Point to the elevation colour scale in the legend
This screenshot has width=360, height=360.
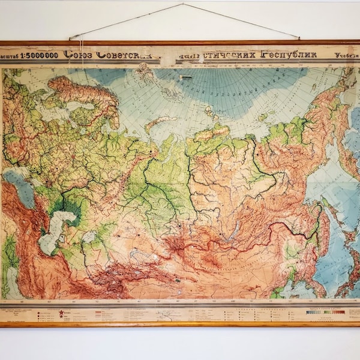[326, 311]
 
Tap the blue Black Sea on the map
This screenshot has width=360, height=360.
[18, 189]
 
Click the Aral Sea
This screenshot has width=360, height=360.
[90, 237]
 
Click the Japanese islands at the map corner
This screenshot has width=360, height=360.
[348, 270]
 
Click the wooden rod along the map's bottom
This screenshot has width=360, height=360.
[180, 325]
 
